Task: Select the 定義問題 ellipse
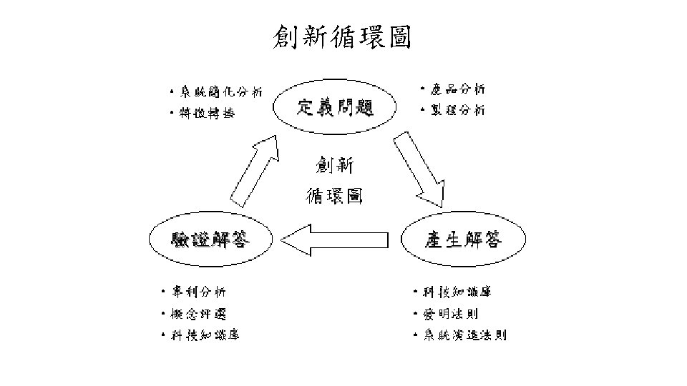tap(335, 109)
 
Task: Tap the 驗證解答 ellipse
tap(210, 239)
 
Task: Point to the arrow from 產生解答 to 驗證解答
tap(336, 239)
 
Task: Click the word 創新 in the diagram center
tap(334, 166)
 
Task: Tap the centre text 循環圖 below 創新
tap(334, 194)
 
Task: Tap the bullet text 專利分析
tap(198, 292)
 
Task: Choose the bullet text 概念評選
tap(198, 313)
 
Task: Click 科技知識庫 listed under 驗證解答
tap(205, 335)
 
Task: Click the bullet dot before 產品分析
tap(424, 90)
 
